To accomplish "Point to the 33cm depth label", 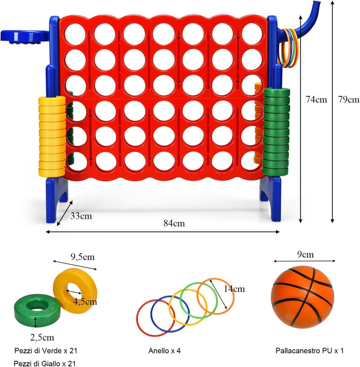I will click(82, 216).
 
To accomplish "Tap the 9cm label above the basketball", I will click(304, 254).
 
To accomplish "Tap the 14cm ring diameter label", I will click(235, 289).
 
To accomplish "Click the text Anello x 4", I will click(163, 351).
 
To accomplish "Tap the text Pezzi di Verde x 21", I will click(47, 351).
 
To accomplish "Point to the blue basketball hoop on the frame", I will click(23, 38).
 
